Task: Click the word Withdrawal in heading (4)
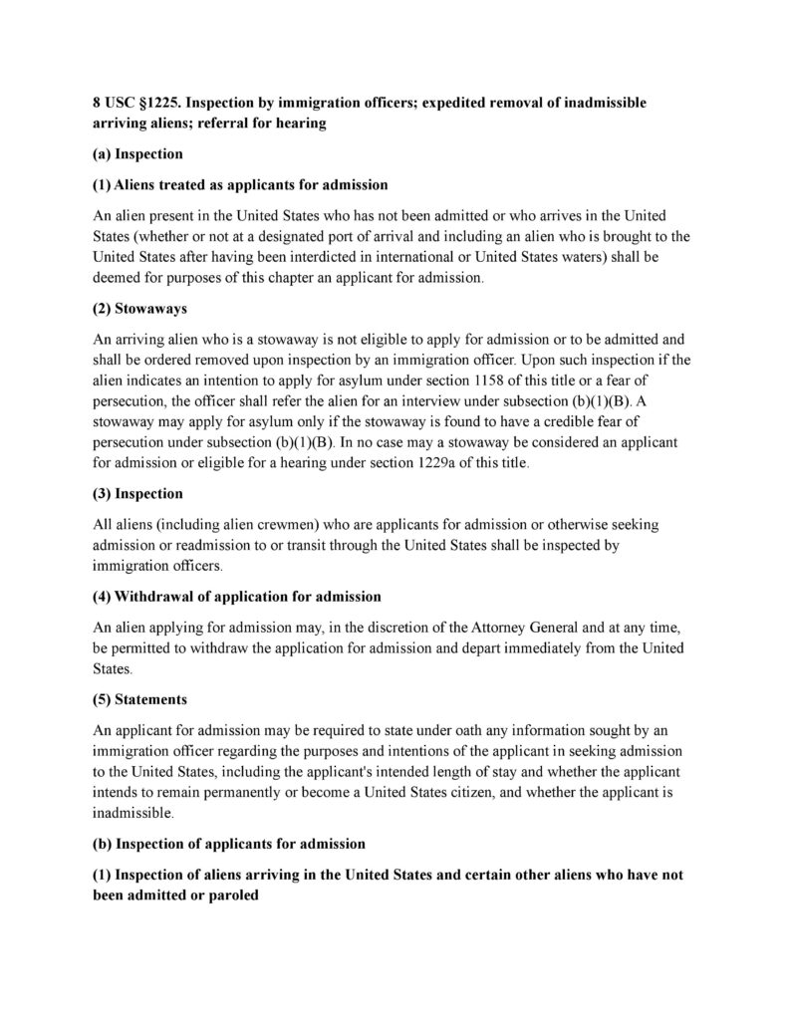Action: pos(157,597)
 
